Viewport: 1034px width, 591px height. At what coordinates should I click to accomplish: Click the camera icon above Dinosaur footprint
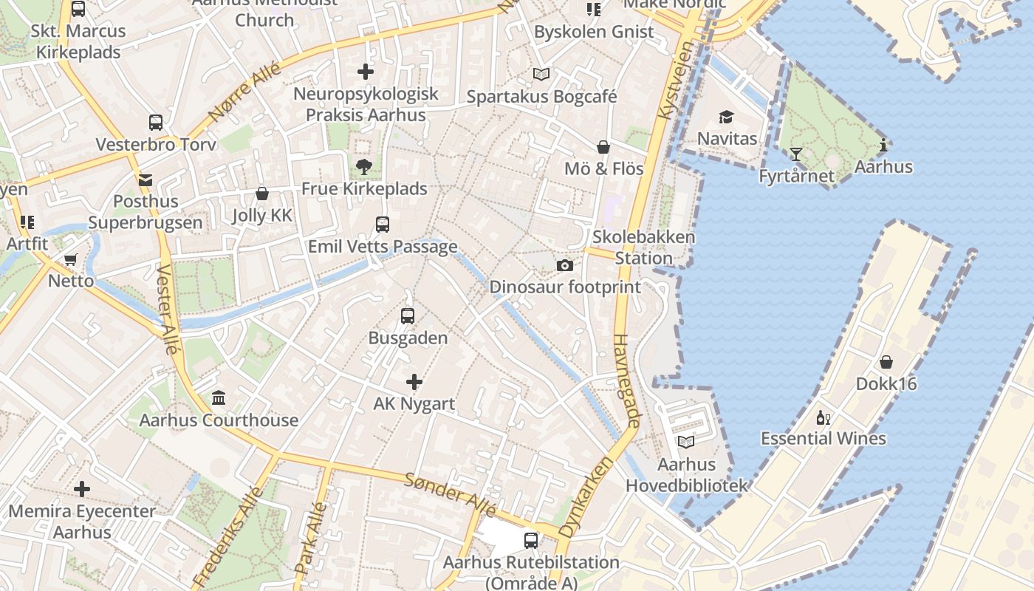(565, 266)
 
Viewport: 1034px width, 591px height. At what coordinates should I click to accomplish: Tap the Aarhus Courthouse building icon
(219, 399)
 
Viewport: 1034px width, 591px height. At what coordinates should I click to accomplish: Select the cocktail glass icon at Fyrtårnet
(795, 154)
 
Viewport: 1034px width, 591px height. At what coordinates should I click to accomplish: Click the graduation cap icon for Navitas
(727, 117)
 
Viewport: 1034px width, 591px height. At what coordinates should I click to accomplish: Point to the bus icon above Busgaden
(407, 316)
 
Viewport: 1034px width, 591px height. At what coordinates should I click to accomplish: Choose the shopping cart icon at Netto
(71, 260)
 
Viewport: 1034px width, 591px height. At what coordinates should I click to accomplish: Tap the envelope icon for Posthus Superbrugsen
(145, 180)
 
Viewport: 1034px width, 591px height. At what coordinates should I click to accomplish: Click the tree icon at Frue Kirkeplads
(363, 167)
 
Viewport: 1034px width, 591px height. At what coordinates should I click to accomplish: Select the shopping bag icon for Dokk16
(886, 363)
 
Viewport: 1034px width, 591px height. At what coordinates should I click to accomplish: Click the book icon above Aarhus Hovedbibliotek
(686, 443)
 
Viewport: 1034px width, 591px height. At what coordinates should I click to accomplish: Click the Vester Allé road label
(168, 310)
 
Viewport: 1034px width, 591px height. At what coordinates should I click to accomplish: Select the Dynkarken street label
(586, 496)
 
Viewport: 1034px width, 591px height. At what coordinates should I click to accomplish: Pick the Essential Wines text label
(824, 439)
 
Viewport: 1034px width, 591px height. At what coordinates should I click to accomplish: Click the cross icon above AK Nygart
(414, 382)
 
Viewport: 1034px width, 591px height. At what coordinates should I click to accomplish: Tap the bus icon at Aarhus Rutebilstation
(531, 541)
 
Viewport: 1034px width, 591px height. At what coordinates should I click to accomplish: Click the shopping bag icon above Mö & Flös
(603, 147)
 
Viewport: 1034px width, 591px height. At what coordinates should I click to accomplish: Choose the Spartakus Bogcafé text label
(541, 97)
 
